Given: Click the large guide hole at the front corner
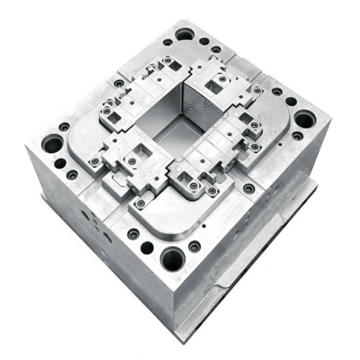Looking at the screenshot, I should point(172,259).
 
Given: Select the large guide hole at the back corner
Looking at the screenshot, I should point(184,34).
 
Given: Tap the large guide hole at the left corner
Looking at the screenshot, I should point(52,142).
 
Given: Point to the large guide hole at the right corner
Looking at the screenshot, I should point(304,118).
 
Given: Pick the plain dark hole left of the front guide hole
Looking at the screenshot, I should point(147,248).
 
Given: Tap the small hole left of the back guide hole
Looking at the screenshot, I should point(166,42).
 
